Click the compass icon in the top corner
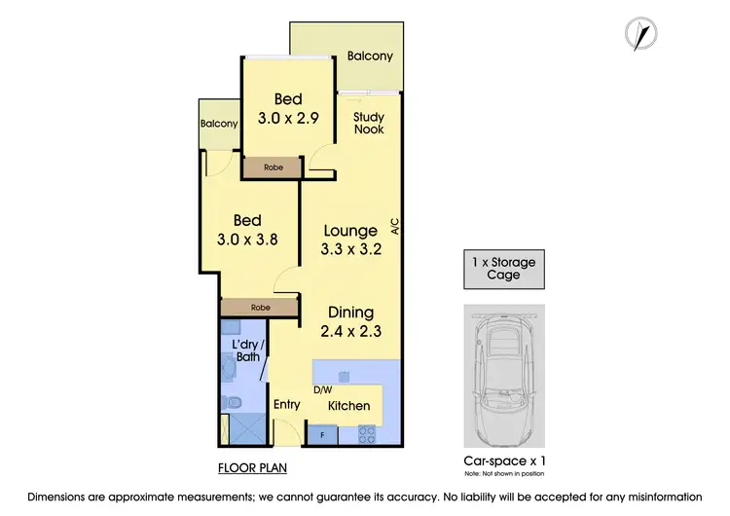pos(639,35)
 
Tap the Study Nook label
pos(368,123)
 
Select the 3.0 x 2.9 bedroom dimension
pos(288,117)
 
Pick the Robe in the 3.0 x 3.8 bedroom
pos(259,308)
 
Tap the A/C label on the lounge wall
pos(395,227)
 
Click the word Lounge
pos(350,231)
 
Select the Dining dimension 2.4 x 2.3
pos(350,331)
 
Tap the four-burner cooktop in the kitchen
pos(368,432)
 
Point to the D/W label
pos(322,389)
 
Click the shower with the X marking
pos(237,426)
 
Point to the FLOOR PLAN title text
pos(252,467)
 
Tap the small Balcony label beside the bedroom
pos(219,124)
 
